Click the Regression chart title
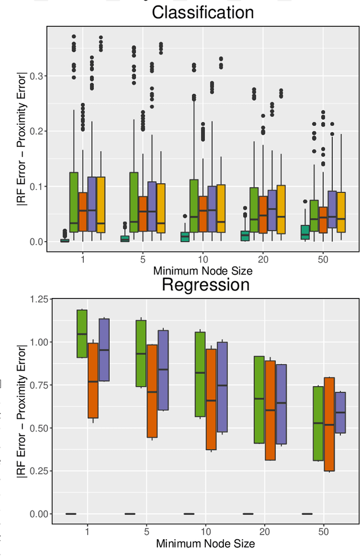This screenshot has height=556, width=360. tap(205, 284)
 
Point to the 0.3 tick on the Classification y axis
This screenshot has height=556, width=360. tap(36, 76)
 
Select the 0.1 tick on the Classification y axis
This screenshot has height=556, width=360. tap(36, 187)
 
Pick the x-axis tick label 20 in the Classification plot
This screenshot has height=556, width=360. tap(263, 260)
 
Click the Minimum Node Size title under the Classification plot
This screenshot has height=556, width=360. tap(202, 271)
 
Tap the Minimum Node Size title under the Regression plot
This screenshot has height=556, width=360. tap(205, 544)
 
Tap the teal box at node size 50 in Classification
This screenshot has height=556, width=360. tap(304, 232)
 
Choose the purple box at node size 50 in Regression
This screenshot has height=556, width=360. tap(340, 413)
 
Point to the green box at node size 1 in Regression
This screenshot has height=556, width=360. tap(82, 333)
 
